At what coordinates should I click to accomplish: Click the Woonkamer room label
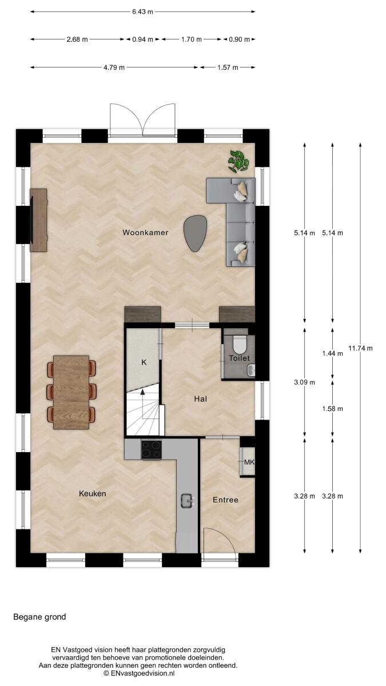(x=145, y=233)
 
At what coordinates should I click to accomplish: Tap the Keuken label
(x=93, y=493)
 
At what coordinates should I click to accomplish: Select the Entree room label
(x=225, y=500)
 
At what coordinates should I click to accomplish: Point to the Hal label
(x=200, y=399)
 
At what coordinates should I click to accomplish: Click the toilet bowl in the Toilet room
(x=240, y=345)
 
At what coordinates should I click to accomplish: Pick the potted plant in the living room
(x=238, y=161)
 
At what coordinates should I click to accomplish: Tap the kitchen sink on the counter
(x=187, y=501)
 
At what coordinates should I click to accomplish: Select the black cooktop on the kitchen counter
(x=152, y=450)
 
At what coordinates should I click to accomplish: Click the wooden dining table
(x=71, y=392)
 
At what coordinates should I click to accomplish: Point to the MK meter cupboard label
(x=249, y=462)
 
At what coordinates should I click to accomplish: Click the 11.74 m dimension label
(x=361, y=348)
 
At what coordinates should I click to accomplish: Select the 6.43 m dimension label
(x=143, y=12)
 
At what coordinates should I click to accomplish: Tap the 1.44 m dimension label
(x=332, y=353)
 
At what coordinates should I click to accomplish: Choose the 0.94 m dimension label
(x=143, y=39)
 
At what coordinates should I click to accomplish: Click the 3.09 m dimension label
(x=304, y=382)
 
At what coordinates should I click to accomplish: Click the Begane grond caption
(x=39, y=617)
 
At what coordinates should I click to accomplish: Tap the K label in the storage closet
(x=144, y=362)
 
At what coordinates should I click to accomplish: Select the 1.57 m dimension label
(x=228, y=67)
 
